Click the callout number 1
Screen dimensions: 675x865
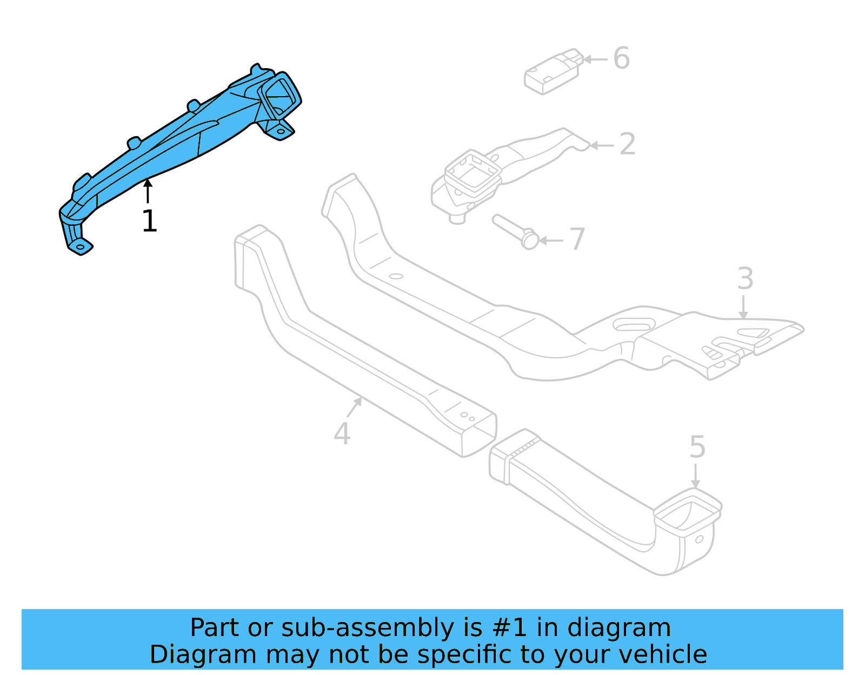click(149, 221)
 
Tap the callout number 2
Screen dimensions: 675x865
click(627, 144)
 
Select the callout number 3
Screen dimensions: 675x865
click(745, 279)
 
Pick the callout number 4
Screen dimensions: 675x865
click(342, 433)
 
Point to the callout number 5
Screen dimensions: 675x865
click(697, 447)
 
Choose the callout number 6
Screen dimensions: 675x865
click(622, 58)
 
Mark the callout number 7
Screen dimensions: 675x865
click(577, 239)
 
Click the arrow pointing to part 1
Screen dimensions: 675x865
click(147, 191)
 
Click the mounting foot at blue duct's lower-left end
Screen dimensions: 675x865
click(79, 244)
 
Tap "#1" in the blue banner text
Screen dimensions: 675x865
click(509, 628)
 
